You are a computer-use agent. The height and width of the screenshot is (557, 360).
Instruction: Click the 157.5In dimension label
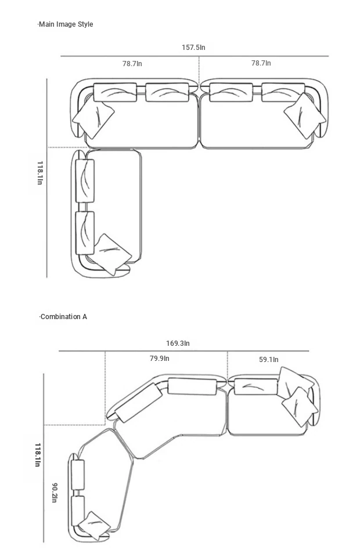[x=193, y=47]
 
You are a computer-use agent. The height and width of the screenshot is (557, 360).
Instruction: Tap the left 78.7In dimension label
[x=132, y=64]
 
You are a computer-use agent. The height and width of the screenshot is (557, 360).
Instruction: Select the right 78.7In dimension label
[x=261, y=63]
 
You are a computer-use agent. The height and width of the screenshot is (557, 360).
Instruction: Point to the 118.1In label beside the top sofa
[x=40, y=173]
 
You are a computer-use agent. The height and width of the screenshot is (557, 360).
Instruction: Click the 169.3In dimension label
[x=178, y=343]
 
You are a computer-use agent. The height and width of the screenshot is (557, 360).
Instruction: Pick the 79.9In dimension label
[x=159, y=358]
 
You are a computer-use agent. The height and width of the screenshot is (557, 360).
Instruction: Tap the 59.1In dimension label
[x=269, y=360]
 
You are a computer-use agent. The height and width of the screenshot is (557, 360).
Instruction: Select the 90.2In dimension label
[x=55, y=493]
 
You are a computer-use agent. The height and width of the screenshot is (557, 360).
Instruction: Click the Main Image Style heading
[x=66, y=24]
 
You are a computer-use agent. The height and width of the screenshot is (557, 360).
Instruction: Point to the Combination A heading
[x=63, y=317]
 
